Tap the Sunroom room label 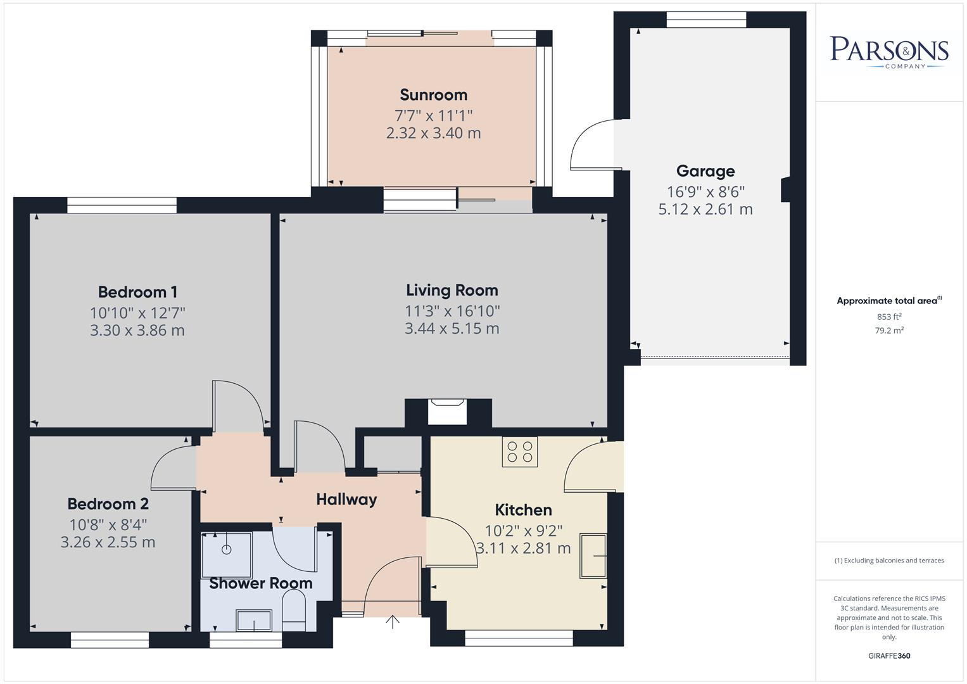(x=433, y=95)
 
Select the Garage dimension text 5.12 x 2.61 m (x=705, y=210)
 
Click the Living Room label (x=452, y=290)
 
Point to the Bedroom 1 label (x=137, y=292)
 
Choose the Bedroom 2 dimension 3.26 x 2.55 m (x=108, y=542)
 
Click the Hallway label (x=346, y=499)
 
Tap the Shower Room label (x=260, y=583)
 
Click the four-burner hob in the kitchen (x=520, y=452)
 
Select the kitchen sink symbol (x=593, y=556)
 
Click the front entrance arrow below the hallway (x=393, y=622)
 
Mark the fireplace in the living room (x=447, y=411)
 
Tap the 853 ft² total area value (x=888, y=317)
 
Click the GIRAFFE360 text (x=888, y=655)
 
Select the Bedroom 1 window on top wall (x=122, y=205)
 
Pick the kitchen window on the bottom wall (x=519, y=638)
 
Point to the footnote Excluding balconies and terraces (x=888, y=560)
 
